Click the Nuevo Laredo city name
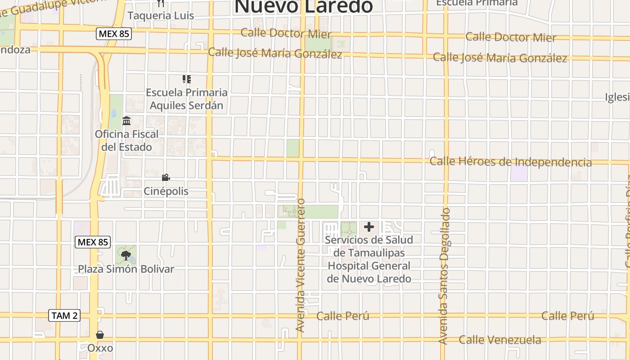tap(304, 6)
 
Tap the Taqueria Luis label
tap(161, 16)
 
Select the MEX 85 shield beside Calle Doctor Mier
tap(114, 33)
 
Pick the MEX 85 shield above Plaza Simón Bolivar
tap(93, 242)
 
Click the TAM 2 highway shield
tap(64, 315)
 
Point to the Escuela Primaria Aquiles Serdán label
tap(186, 99)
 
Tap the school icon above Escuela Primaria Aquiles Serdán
tap(187, 80)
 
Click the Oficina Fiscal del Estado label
tap(126, 140)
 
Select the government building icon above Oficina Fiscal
tap(126, 121)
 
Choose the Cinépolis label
tap(166, 191)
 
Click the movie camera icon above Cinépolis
tap(166, 178)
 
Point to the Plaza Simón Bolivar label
tap(126, 269)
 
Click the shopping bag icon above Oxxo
tap(100, 335)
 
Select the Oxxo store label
tap(100, 348)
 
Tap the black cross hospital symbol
tap(369, 227)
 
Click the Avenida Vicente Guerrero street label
tap(301, 265)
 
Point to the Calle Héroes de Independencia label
tap(510, 162)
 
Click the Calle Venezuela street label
tap(499, 340)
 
